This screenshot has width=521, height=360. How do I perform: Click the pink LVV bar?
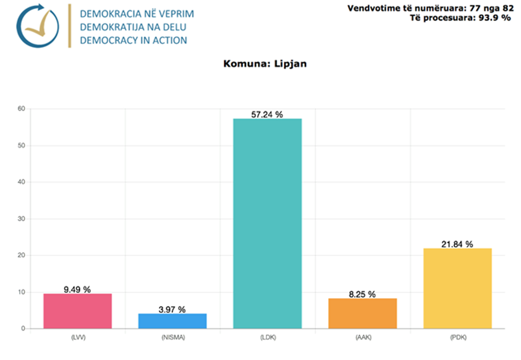pos(78,311)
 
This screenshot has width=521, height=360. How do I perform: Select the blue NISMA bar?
pos(172,321)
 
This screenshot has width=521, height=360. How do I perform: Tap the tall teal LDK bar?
pos(267,223)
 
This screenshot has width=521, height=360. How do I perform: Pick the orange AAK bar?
pos(363,313)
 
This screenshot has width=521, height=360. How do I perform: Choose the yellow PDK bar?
pos(457,288)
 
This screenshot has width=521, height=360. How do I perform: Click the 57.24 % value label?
pos(267,114)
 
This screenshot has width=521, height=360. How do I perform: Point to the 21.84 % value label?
pos(457,244)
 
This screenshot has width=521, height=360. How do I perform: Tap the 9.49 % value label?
pos(78,289)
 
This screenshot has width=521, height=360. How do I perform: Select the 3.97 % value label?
pos(172,309)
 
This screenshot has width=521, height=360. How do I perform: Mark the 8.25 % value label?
pos(363,294)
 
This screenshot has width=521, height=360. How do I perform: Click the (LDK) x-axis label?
pos(267,337)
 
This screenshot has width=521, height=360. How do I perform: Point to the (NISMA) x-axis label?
pos(172,337)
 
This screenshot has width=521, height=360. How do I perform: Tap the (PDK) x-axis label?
pos(457,337)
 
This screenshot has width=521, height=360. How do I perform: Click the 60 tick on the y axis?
pos(22,109)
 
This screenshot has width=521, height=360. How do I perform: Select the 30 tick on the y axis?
pos(22,219)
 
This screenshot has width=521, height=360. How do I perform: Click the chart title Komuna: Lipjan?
pos(265,64)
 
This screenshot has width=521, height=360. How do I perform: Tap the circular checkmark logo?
pos(38,26)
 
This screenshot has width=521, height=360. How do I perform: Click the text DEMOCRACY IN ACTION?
pos(133,40)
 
